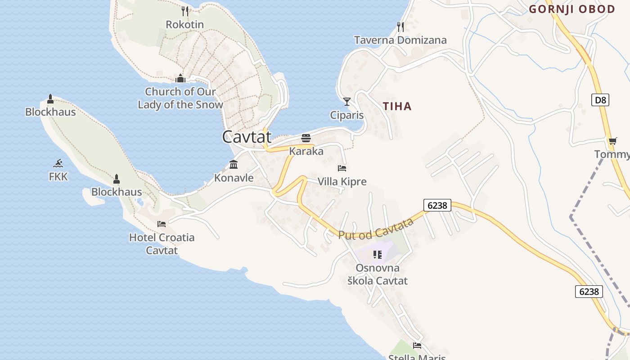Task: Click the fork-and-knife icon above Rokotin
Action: (185, 11)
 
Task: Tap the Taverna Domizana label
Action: (400, 40)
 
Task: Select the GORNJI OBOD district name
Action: (572, 9)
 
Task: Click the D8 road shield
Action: (600, 100)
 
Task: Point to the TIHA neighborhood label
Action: (397, 106)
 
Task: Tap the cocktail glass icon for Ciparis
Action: (347, 101)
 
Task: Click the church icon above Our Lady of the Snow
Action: (180, 79)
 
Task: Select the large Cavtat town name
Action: (247, 137)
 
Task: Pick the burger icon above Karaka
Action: (306, 138)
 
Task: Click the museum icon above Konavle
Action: (234, 164)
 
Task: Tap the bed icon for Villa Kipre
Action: (342, 168)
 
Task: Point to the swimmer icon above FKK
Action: (58, 163)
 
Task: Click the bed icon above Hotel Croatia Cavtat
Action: (162, 224)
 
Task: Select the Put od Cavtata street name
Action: (376, 229)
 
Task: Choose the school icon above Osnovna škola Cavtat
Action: (377, 255)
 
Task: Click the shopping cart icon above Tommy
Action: (612, 141)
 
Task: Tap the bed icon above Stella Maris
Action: (417, 346)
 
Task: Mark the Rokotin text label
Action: (185, 24)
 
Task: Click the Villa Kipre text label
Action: (342, 182)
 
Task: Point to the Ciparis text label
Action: (347, 115)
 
